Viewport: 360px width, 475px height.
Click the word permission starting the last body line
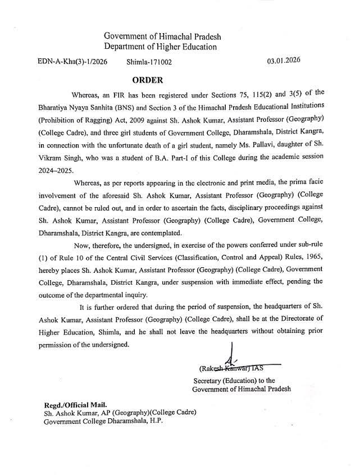point(59,344)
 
